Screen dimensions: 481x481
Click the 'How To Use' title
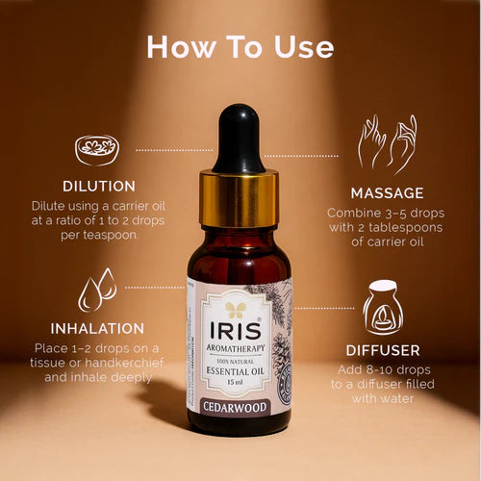pyautogui.click(x=240, y=46)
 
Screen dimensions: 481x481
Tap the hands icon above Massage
pyautogui.click(x=387, y=143)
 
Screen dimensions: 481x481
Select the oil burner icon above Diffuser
pyautogui.click(x=382, y=307)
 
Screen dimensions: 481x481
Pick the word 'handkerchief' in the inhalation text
pyautogui.click(x=133, y=363)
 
